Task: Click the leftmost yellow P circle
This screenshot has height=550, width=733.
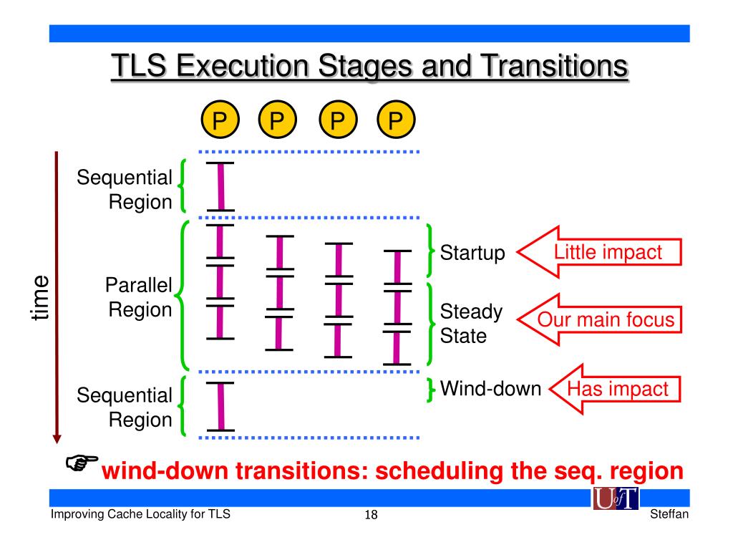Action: click(x=220, y=119)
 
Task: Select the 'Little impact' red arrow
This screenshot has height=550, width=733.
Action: click(x=601, y=253)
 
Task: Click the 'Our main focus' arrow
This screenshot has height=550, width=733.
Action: click(x=601, y=319)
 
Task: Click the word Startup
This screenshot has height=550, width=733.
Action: click(x=472, y=253)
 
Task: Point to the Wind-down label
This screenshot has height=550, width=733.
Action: click(x=490, y=389)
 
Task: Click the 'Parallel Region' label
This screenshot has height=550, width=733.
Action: click(x=139, y=297)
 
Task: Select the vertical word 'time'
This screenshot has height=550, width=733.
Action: click(x=40, y=297)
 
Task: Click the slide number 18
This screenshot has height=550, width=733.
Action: click(x=371, y=516)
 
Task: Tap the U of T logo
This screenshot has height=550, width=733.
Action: click(x=615, y=499)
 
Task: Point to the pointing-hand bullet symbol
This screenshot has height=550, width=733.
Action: click(x=81, y=464)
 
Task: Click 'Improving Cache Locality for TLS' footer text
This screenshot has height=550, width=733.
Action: click(x=140, y=515)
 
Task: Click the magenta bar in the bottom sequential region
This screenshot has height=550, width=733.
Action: click(x=220, y=406)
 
